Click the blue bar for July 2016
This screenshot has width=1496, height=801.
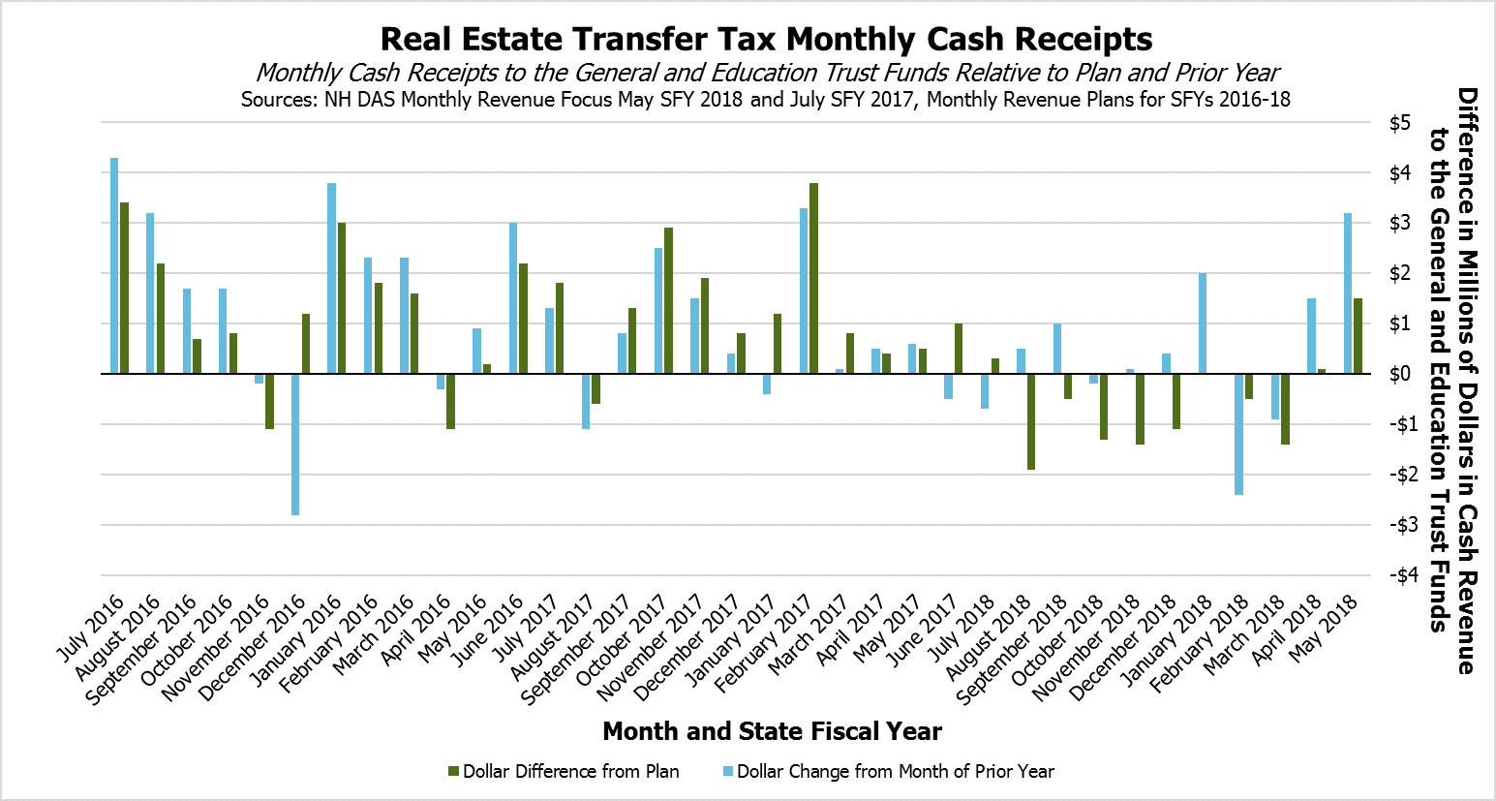114,265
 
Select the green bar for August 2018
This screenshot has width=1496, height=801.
1031,421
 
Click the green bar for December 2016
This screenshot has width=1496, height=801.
306,343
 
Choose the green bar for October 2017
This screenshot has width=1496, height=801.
668,300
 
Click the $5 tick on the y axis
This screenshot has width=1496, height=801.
1399,123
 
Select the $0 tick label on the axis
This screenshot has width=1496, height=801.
1399,374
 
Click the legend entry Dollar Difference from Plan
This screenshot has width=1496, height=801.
570,772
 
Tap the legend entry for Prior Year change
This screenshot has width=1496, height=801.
895,772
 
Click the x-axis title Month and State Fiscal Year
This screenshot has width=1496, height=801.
772,731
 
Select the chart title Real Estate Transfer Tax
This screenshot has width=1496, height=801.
766,39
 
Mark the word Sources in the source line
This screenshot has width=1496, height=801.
279,99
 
